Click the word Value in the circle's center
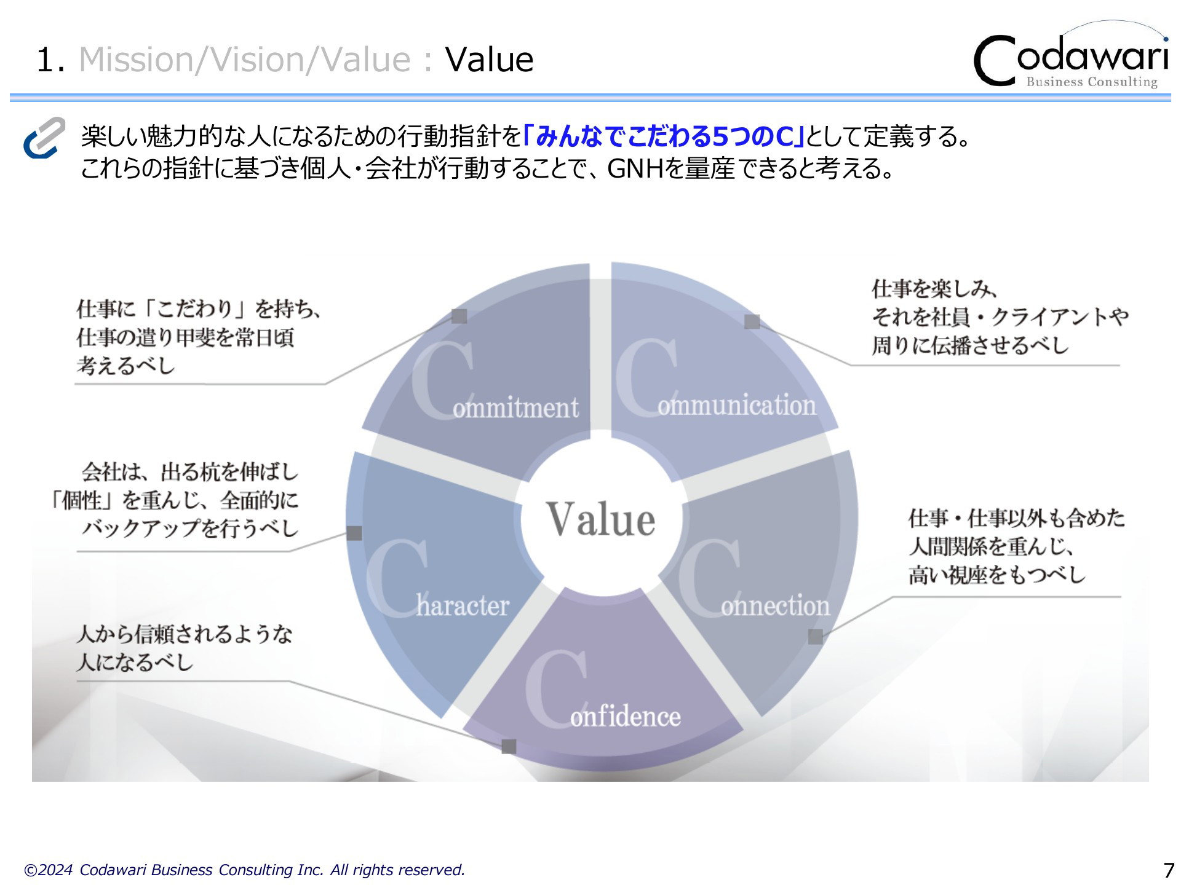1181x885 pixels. tap(601, 519)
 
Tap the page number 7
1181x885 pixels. tap(1168, 870)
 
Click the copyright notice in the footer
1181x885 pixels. tap(244, 870)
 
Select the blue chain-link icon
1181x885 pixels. tap(44, 138)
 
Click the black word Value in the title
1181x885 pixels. tap(489, 60)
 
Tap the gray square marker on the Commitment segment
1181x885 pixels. tap(459, 316)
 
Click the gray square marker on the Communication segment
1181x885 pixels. tap(752, 321)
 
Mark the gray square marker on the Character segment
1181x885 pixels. tap(354, 533)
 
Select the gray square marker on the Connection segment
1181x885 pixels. tap(816, 637)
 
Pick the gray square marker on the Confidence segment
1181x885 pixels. tap(509, 747)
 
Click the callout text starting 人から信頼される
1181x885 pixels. tap(185, 648)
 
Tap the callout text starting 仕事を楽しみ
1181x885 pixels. tap(1000, 317)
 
